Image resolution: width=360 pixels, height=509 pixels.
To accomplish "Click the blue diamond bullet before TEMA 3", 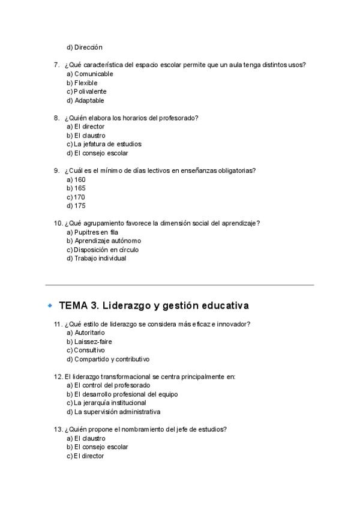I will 50,306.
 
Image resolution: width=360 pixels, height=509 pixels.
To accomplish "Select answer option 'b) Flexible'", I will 82,83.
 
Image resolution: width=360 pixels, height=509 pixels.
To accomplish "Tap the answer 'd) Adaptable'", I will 85,100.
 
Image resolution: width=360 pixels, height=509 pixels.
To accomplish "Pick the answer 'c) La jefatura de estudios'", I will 104,144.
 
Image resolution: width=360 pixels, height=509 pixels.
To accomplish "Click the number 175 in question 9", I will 80,206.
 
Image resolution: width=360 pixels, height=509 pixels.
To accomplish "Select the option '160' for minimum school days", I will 80,179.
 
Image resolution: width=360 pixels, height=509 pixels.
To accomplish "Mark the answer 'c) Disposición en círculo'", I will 104,250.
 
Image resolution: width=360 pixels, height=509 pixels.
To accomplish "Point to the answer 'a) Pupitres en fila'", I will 92,232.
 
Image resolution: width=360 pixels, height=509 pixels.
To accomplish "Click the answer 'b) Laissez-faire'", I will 89,342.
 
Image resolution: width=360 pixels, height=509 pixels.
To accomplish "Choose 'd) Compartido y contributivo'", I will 108,359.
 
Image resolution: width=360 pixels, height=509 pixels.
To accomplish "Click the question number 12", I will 58,376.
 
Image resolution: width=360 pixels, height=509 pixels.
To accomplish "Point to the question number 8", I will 56,118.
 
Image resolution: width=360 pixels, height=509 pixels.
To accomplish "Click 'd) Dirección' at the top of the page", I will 85,47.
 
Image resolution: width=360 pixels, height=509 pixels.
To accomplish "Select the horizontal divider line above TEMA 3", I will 180,284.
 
